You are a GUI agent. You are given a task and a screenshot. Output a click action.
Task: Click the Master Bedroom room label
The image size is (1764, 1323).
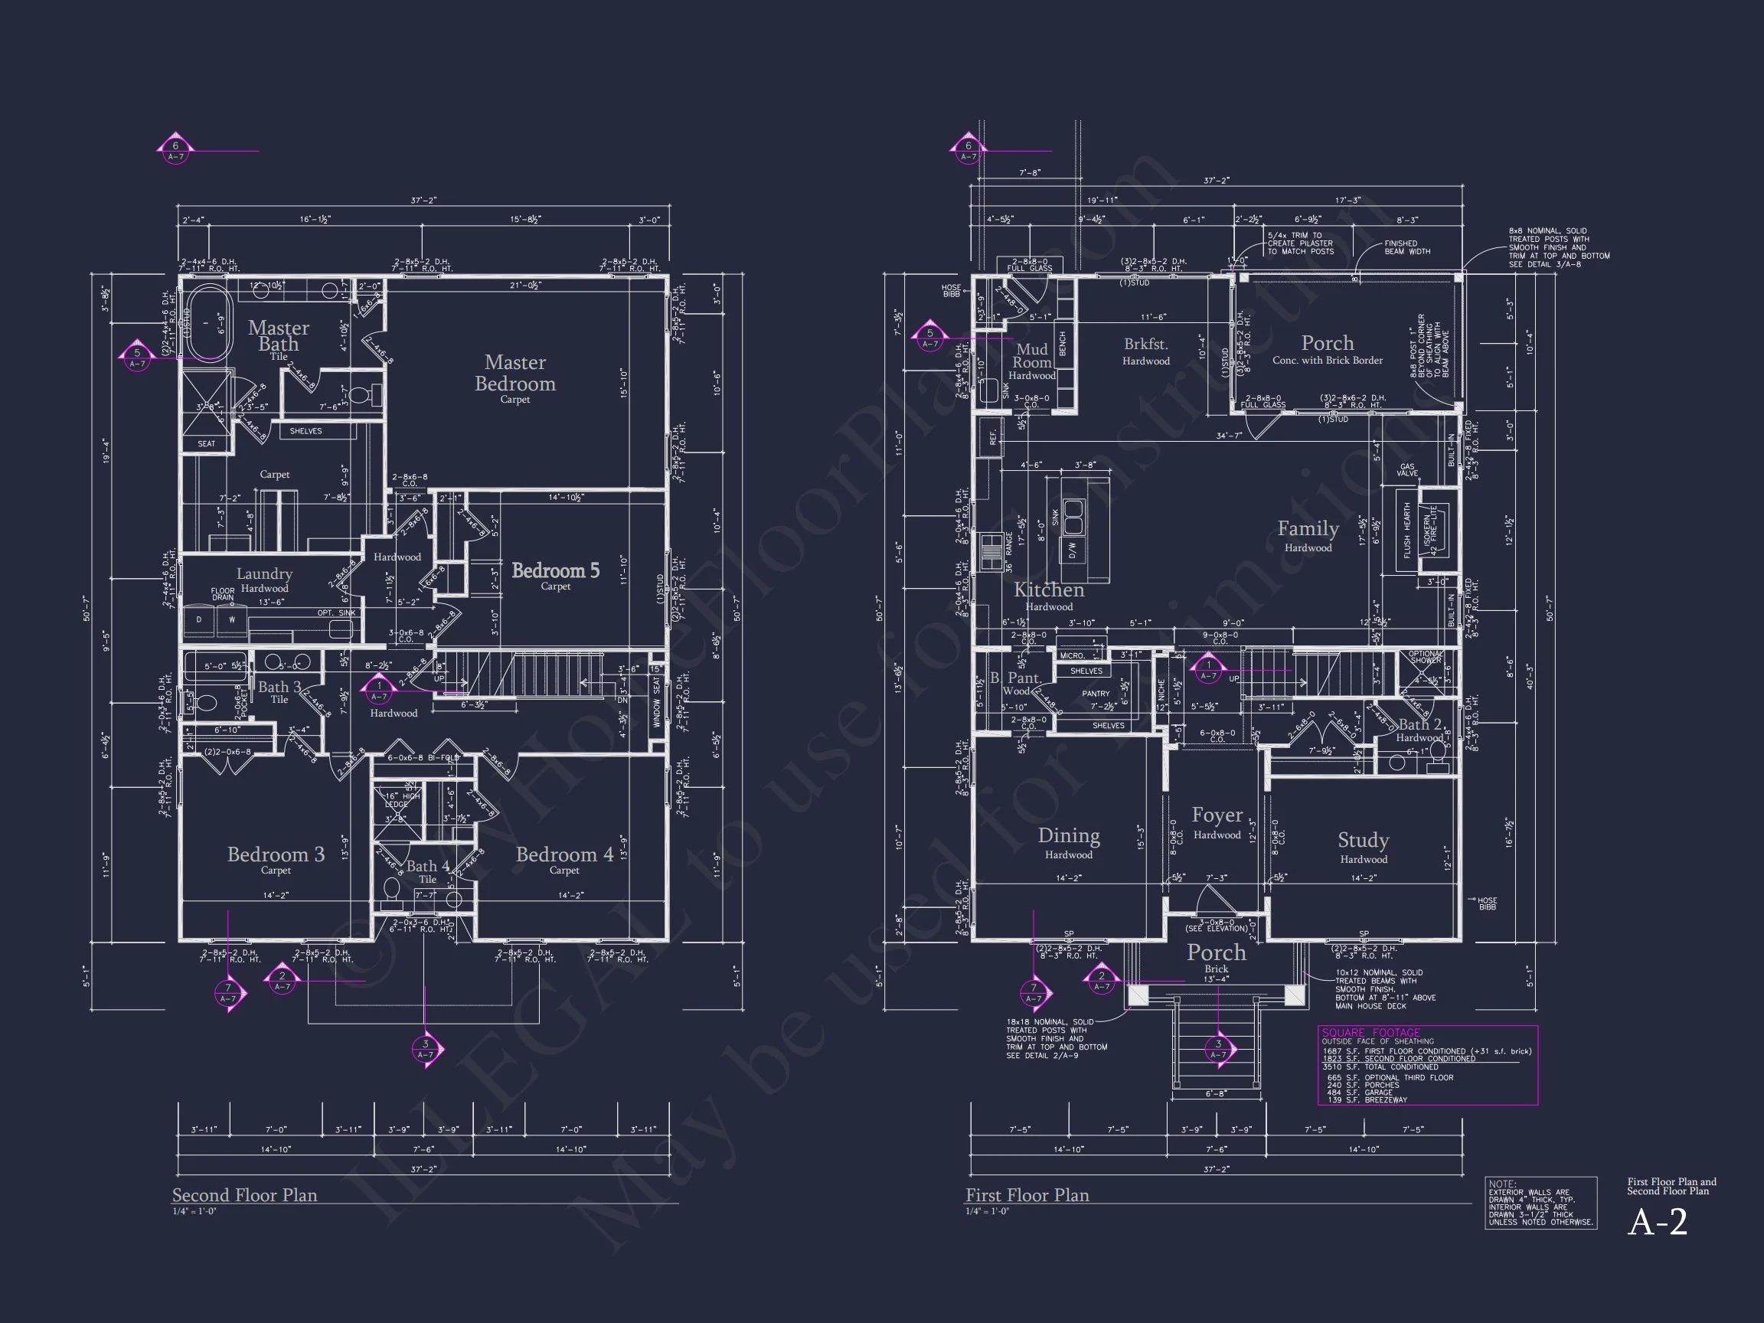[x=515, y=373]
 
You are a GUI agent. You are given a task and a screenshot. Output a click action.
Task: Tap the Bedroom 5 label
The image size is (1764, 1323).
[x=555, y=571]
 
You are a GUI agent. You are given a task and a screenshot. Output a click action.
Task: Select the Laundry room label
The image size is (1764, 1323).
[x=264, y=574]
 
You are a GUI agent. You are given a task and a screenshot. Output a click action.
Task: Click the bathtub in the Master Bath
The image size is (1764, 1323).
[x=209, y=324]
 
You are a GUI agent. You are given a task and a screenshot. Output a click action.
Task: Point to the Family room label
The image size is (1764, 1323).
[x=1308, y=529]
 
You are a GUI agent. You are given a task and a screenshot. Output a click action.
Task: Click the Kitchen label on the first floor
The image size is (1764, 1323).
[x=1049, y=590]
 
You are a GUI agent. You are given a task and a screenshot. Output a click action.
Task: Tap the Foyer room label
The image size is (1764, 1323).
[x=1217, y=816]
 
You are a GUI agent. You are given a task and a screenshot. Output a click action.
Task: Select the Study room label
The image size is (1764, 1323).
[x=1363, y=841]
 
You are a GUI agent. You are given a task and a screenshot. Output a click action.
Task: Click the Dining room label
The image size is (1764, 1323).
[x=1069, y=836]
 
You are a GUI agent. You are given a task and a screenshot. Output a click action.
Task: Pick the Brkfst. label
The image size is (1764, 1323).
[x=1146, y=345]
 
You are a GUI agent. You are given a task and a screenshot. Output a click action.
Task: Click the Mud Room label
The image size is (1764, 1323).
[x=1032, y=356]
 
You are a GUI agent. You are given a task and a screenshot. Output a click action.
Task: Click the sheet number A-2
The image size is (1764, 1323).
[x=1657, y=1222]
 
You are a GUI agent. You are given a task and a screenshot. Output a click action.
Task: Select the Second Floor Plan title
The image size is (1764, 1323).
[x=245, y=1195]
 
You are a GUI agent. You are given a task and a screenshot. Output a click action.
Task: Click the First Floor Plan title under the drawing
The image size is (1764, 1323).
[x=1027, y=1195]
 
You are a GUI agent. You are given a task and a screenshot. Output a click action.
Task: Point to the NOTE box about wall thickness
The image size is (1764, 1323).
[x=1540, y=1204]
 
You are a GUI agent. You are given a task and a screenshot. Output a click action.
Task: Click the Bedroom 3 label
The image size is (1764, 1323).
[x=276, y=855]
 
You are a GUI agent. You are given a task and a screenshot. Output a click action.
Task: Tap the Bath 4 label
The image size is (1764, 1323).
[x=427, y=867]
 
